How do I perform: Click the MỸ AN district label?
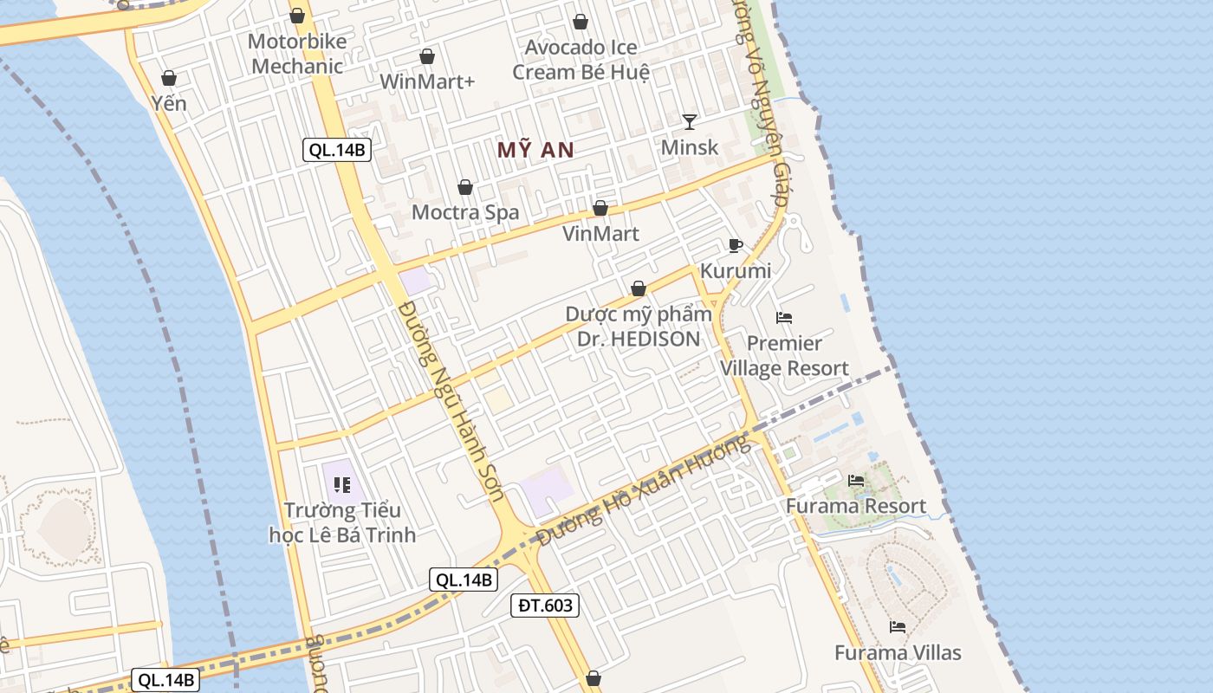coord(535,150)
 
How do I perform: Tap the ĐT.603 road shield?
coord(544,606)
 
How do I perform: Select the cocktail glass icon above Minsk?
coord(690,121)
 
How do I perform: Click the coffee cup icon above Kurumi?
coord(736,245)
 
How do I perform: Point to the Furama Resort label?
coord(855,506)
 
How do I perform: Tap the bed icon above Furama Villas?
coord(898,626)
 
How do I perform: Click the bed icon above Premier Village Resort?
coord(784,318)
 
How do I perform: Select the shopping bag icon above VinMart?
coord(600,208)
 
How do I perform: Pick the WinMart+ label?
coord(428,81)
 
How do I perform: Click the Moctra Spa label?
coord(465,212)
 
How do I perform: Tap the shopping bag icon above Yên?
coord(169,78)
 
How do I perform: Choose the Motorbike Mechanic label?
coord(297,54)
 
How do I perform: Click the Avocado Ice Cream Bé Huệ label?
coord(581,60)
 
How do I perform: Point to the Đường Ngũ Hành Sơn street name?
coord(452,402)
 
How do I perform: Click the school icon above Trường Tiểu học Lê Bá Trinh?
coord(341,485)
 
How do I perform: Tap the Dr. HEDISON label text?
coord(639,339)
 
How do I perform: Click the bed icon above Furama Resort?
coord(856,481)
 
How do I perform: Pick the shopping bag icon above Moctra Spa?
coord(465,187)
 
